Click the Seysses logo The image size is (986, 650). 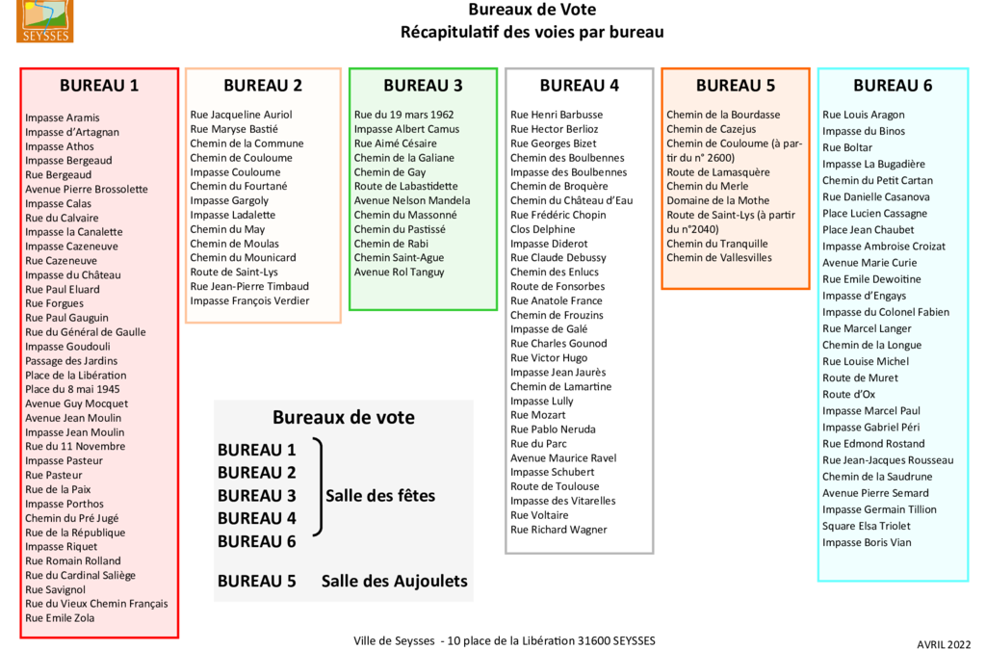43,20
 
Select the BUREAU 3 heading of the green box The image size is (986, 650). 423,85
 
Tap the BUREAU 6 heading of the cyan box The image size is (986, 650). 893,85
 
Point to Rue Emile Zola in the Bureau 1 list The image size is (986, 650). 60,618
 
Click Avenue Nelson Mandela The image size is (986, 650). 412,200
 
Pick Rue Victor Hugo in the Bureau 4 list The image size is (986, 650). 549,358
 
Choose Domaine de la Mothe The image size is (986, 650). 718,200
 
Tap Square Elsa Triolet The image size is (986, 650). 867,526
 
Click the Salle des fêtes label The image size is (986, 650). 380,496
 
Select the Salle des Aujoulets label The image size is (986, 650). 395,581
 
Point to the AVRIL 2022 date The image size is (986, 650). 944,644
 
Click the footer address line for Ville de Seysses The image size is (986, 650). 505,640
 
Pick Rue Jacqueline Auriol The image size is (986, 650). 241,115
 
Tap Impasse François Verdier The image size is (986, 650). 249,300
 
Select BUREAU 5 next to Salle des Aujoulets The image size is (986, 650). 256,581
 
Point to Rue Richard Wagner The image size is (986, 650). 558,530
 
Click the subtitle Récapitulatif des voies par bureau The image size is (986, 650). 532,32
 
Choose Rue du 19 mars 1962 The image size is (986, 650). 403,115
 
